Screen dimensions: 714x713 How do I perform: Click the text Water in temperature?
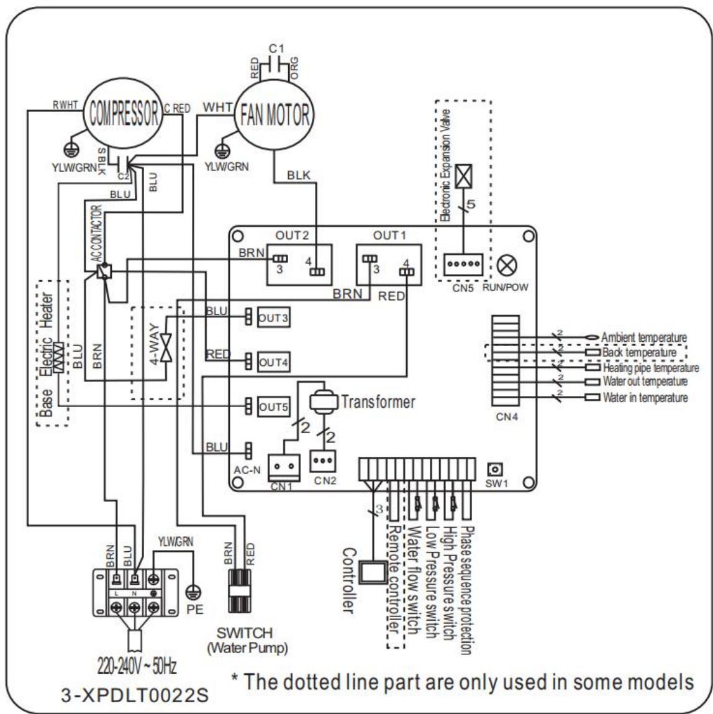point(645,398)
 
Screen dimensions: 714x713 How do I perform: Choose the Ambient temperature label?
point(644,337)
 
